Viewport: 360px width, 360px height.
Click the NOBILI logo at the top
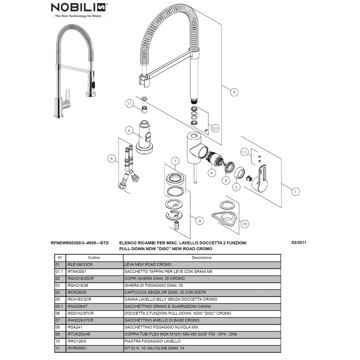(x=79, y=10)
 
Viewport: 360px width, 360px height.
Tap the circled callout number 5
(x=234, y=92)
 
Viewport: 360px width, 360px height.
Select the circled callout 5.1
(x=215, y=128)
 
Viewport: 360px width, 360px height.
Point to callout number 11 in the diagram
(x=129, y=103)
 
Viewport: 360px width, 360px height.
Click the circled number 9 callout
(x=112, y=159)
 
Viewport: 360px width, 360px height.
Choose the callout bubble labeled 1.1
(x=244, y=152)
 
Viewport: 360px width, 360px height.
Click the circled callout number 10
(x=245, y=224)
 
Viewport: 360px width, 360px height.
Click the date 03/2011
(x=299, y=242)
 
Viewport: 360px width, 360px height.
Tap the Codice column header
(x=94, y=258)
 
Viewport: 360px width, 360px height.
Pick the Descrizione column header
(x=202, y=258)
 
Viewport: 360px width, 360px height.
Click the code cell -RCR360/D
(x=76, y=292)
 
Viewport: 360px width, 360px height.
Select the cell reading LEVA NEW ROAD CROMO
(x=148, y=265)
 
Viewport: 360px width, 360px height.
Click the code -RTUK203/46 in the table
(x=78, y=334)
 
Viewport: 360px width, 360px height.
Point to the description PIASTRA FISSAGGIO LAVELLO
(x=152, y=341)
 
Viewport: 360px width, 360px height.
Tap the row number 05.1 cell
(x=59, y=306)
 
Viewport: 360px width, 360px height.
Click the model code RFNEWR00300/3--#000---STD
(x=79, y=243)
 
